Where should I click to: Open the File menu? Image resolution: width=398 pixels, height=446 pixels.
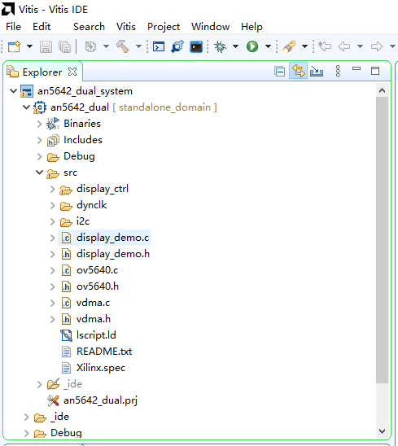point(13,27)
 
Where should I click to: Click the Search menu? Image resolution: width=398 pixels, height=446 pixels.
point(89,27)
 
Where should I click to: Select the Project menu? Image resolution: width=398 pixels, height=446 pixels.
point(164,27)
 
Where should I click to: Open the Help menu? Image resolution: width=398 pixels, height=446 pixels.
point(251,27)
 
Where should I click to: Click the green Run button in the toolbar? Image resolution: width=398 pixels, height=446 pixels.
point(252,46)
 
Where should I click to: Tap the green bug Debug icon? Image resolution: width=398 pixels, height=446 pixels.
point(220,46)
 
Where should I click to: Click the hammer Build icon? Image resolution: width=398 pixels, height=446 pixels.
point(123,46)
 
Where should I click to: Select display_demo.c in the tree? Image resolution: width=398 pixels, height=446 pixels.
point(112,238)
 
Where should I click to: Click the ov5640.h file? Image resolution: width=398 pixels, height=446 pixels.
point(98,286)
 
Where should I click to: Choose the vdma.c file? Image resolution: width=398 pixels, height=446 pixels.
point(93,303)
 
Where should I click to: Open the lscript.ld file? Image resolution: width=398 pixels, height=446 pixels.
point(96,335)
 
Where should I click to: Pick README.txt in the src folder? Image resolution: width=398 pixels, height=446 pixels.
point(104,352)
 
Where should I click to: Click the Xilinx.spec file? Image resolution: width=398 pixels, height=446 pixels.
point(101,368)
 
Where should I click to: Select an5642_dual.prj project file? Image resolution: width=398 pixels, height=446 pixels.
point(100,400)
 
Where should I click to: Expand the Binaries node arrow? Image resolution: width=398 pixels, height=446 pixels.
point(40,124)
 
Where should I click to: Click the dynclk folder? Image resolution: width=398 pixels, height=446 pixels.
point(92,205)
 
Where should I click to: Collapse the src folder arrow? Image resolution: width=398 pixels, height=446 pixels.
point(40,173)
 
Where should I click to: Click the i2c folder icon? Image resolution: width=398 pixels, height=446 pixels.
point(66,222)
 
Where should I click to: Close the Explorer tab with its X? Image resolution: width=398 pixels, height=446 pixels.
point(72,72)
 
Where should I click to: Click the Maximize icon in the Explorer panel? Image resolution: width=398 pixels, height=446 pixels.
point(375,71)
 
